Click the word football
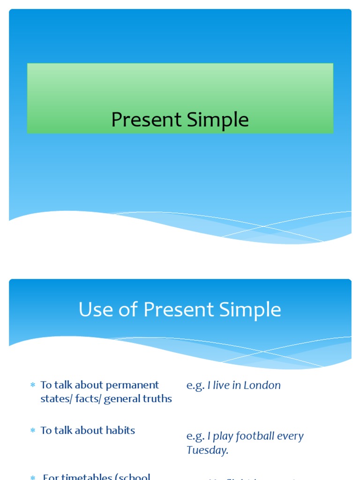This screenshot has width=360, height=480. pyautogui.click(x=255, y=436)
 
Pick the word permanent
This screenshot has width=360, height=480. pyautogui.click(x=133, y=385)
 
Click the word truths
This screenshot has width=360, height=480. pyautogui.click(x=157, y=399)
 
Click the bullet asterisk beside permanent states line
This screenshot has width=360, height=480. pyautogui.click(x=33, y=385)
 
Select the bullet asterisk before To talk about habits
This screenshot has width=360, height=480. pyautogui.click(x=33, y=431)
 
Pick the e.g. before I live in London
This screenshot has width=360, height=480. pyautogui.click(x=195, y=386)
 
